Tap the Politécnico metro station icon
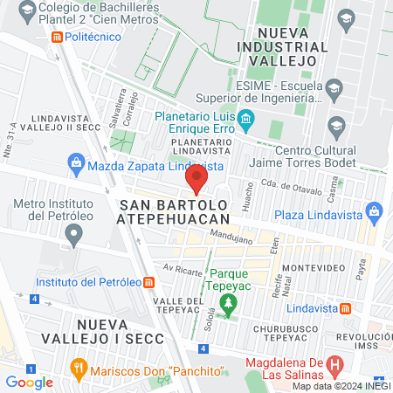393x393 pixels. coord(57,38)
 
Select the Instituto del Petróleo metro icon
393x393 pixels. coord(149,282)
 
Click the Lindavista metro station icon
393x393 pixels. coord(346,308)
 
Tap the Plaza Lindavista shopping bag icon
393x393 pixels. coord(376,211)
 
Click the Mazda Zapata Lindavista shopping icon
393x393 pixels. coord(76,163)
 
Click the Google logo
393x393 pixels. coord(30,382)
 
